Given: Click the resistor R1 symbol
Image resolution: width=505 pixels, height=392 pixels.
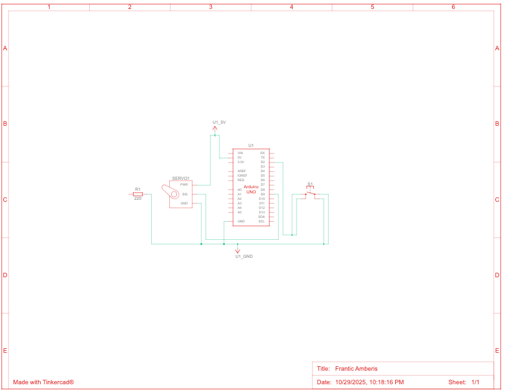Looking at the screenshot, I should coord(138,193).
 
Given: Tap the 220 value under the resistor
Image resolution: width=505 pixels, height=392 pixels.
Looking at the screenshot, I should coord(138,199).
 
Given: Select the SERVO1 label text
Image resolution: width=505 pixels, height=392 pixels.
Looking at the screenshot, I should coord(181,178).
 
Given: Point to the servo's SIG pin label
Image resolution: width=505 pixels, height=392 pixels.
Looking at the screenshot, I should coord(185,194).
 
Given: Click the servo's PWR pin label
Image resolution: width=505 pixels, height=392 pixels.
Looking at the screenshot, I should coord(184,185).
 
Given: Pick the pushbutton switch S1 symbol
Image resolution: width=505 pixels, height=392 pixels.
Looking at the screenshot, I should coord(310,191).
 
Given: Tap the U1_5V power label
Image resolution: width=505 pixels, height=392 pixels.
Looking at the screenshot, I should coord(219,122).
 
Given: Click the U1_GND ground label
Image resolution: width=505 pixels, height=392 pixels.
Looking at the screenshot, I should coord(243,257).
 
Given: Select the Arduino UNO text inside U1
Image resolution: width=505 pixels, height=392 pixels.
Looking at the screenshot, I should coord(251,189).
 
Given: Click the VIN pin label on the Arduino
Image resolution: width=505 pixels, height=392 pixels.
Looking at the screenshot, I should coord(240,153).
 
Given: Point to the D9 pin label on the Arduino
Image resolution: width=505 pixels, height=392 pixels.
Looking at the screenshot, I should coord(263,194).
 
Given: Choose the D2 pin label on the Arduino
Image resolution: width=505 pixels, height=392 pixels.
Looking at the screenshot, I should coord(263,162).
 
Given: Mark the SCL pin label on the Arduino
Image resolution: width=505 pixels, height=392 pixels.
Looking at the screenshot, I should coord(262,221).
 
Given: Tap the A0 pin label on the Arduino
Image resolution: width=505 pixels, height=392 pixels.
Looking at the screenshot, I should coord(240,190).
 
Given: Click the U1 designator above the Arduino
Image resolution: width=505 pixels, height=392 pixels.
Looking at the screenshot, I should coord(251,146).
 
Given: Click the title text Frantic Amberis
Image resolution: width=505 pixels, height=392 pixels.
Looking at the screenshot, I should coord(356,369).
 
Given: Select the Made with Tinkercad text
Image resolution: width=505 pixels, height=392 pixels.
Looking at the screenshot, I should coord(43,382).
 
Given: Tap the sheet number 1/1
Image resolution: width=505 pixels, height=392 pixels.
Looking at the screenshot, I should coord(475,382).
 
